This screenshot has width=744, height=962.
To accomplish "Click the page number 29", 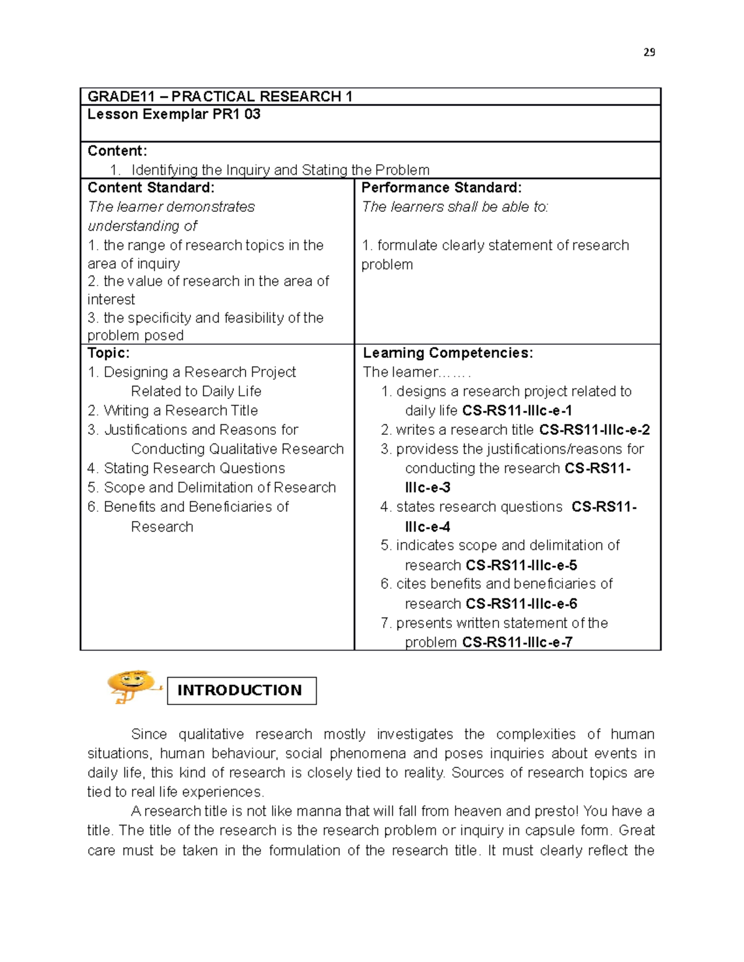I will (649, 53).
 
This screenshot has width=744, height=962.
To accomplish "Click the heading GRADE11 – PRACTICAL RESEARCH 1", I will (220, 97).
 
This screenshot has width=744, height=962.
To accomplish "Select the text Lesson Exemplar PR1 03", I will (174, 115).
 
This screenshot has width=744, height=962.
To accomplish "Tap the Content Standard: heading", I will (151, 188).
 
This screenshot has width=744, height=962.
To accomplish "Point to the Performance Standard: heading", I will (441, 188).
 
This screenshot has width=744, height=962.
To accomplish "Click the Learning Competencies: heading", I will (448, 353).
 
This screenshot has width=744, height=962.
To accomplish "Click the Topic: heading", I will (108, 353).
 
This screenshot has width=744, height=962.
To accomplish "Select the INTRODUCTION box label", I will (241, 690).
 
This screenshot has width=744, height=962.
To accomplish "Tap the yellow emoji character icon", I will (132, 686).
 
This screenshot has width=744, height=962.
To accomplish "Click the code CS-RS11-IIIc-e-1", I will (517, 411).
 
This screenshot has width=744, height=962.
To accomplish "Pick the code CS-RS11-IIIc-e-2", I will (594, 430).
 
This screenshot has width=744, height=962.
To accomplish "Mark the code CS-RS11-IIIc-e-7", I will (517, 642).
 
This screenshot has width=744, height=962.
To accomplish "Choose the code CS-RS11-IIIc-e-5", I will (521, 566).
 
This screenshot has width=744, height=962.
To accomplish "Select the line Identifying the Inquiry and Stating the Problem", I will (280, 170).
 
